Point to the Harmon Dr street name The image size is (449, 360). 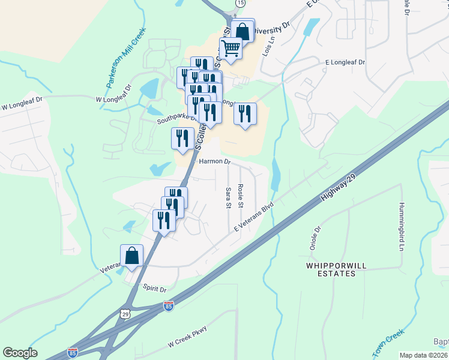tap(214, 161)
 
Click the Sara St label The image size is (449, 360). tap(228, 197)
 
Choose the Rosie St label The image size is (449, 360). tap(240, 196)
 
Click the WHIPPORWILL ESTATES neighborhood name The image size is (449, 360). tap(331, 269)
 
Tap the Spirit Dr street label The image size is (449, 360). tap(154, 289)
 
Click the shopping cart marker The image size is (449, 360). tap(231, 48)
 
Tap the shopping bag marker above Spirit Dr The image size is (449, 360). tap(131, 256)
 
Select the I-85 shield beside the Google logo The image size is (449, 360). tap(73, 352)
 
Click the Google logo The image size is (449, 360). tap(20, 353)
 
